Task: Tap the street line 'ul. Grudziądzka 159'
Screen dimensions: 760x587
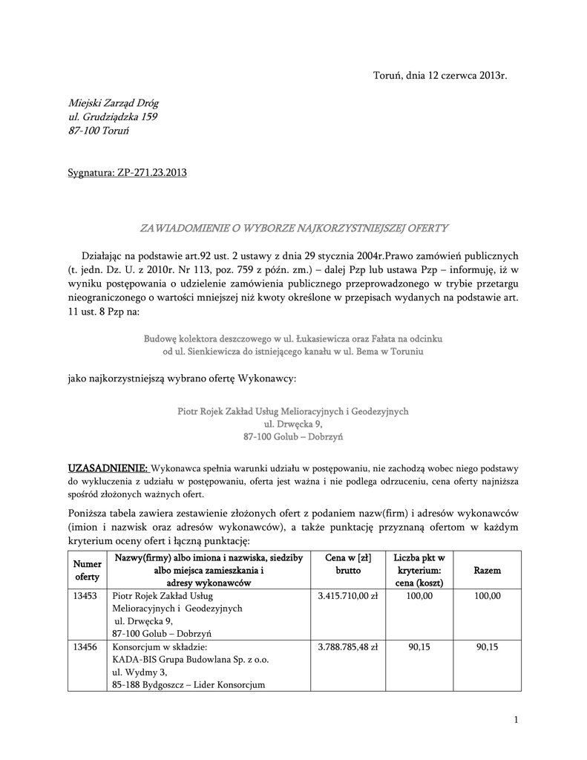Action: click(113, 117)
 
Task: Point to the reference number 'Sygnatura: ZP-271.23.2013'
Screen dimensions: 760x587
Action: click(127, 173)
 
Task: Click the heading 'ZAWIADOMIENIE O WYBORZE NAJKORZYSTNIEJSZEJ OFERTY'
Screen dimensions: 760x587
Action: click(295, 228)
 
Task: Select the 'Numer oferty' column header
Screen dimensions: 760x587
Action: click(88, 570)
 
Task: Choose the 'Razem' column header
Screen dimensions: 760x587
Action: click(487, 571)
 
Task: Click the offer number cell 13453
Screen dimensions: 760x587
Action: click(86, 595)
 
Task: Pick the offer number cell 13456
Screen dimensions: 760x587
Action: click(86, 646)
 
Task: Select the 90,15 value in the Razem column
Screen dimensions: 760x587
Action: click(487, 646)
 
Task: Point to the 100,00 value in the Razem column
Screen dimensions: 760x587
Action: click(487, 595)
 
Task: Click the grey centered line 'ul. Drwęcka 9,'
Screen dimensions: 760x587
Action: click(293, 424)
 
